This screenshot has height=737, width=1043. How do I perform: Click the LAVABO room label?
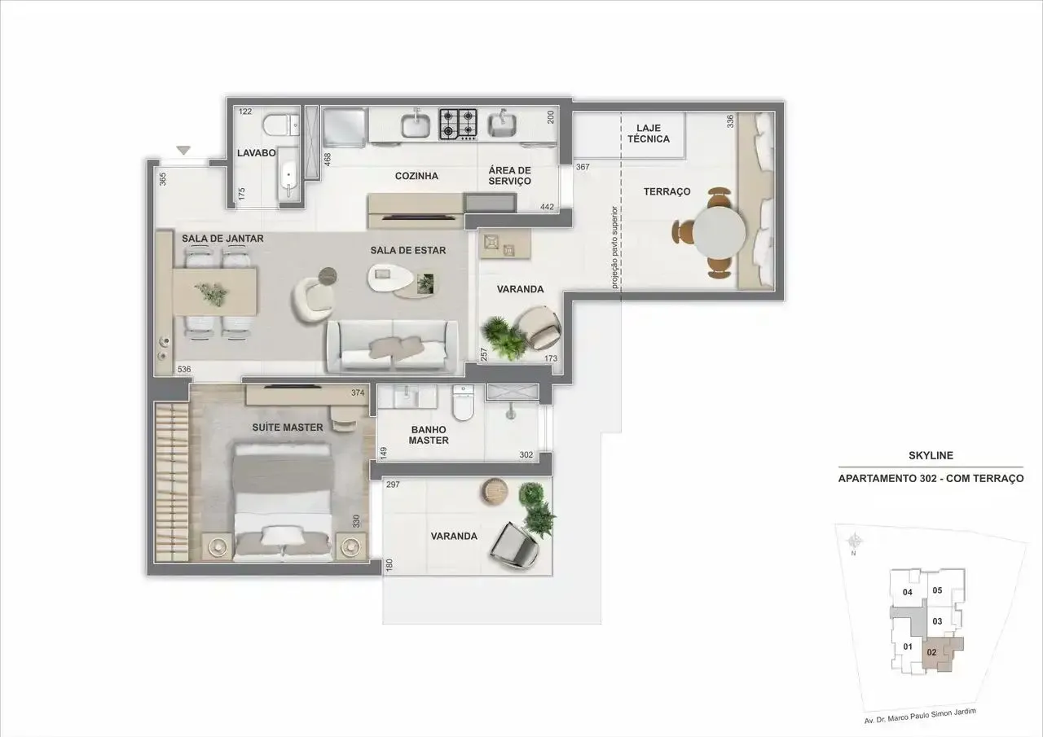256,152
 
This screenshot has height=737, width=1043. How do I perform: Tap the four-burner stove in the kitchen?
458,125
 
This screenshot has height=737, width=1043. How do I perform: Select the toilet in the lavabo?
281,125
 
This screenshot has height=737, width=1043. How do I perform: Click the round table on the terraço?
719,233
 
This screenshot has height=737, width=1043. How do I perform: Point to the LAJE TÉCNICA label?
649,133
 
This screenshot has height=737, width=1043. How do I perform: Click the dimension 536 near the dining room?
184,370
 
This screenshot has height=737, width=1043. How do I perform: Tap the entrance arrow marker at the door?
184,151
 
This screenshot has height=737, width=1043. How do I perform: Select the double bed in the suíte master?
283,501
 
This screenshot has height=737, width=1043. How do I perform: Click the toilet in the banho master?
463,402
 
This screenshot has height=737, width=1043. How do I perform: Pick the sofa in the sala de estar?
393,347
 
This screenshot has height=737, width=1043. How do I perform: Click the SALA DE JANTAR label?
222,239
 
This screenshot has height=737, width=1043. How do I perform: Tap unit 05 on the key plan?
937,590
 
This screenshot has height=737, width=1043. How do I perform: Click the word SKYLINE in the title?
931,455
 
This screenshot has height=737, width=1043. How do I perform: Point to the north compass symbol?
854,541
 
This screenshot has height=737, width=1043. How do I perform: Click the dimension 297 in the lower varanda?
393,485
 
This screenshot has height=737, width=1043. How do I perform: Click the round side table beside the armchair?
328,276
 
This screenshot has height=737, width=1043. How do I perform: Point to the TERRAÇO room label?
667,191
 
